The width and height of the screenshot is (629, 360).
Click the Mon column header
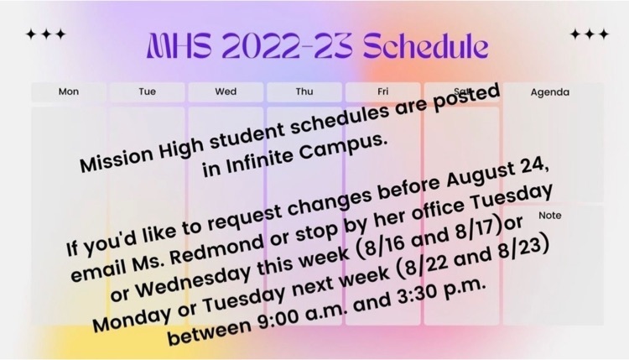pos(69,91)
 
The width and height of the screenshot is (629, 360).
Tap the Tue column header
pos(148,91)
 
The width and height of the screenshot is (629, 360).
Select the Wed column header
pos(226,91)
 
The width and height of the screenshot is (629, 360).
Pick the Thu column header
pos(304,91)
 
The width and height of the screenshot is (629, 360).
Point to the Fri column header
pos(383,91)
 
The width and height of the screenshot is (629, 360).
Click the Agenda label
pos(550,92)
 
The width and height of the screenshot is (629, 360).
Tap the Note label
pos(550,216)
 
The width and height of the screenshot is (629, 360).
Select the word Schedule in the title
pos(426,45)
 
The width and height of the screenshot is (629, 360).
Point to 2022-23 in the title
pos(287,45)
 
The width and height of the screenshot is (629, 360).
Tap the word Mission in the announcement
pos(117,158)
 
